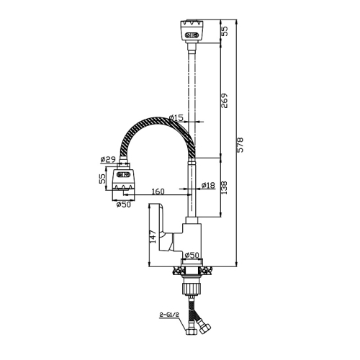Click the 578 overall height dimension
pyautogui.click(x=240, y=145)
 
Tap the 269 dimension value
pyautogui.click(x=224, y=101)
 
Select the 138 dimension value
pyautogui.click(x=224, y=188)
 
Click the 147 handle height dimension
pyautogui.click(x=153, y=237)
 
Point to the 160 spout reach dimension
pyautogui.click(x=158, y=192)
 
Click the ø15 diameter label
pyautogui.click(x=176, y=118)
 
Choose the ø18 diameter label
pyautogui.click(x=208, y=185)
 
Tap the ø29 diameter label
pyautogui.click(x=108, y=159)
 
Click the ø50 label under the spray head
pyautogui.click(x=124, y=204)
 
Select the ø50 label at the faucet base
pyautogui.click(x=192, y=255)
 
